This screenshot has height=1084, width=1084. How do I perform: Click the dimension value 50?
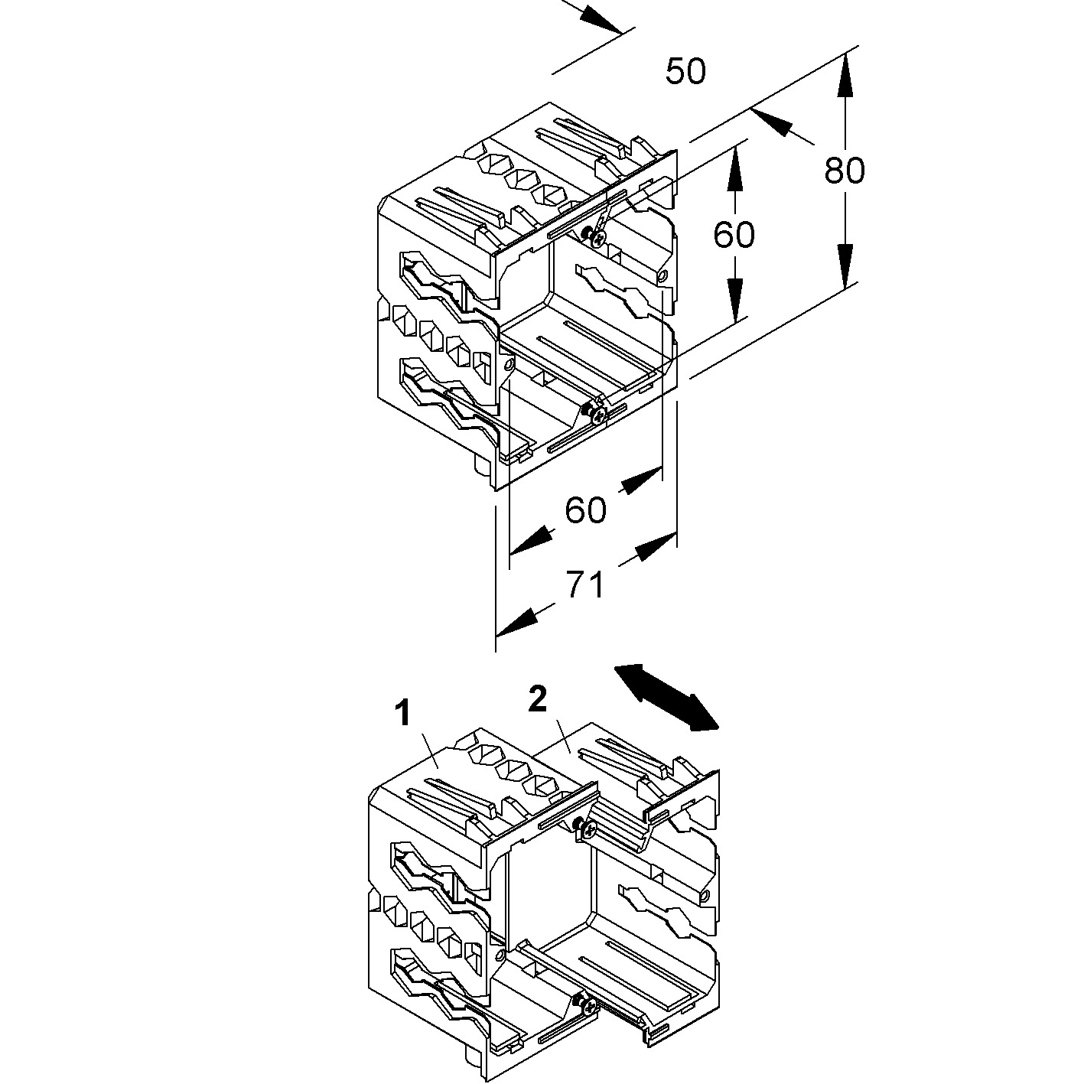[x=685, y=72]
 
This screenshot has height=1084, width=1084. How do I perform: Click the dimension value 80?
[x=845, y=171]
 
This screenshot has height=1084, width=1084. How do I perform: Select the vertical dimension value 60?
[x=734, y=234]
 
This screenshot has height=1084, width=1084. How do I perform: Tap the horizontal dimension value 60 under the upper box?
[x=585, y=509]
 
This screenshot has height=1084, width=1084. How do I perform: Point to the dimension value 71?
[x=585, y=585]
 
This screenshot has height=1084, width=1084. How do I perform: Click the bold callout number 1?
[x=402, y=715]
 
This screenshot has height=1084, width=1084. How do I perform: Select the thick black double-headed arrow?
[x=666, y=697]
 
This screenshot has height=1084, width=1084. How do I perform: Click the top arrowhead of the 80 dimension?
[x=845, y=76]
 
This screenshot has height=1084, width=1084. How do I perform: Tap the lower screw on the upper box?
[x=594, y=413]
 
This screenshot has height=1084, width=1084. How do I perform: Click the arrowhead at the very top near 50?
[x=600, y=18]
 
